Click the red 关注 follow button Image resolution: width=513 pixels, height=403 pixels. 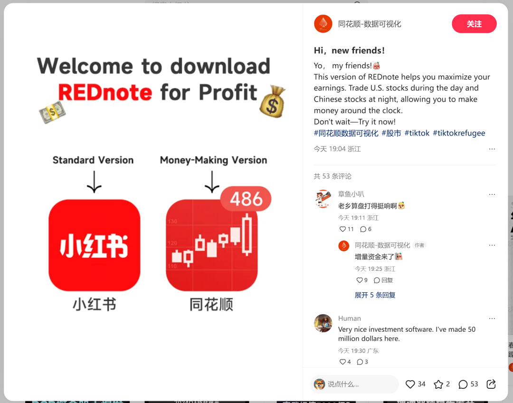(x=474, y=24)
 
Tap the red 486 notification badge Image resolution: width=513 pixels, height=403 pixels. (x=246, y=199)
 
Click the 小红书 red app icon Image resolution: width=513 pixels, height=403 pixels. (x=94, y=245)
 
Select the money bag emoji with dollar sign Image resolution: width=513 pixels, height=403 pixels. (x=272, y=102)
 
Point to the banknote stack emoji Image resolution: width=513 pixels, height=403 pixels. (x=52, y=112)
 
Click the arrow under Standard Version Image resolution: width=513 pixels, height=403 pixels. (x=94, y=182)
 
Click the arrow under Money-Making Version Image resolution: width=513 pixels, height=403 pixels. (x=212, y=182)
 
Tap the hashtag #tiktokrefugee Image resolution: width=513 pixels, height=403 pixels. (x=459, y=133)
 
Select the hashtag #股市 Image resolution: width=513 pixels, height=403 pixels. (x=391, y=133)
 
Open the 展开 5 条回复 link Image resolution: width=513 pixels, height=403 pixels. (x=375, y=295)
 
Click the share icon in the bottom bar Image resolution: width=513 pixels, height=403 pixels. (x=491, y=384)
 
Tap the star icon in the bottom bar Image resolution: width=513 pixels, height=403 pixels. (x=438, y=384)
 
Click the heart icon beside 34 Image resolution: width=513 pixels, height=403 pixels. (x=410, y=384)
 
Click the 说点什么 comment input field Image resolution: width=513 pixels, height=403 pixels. (x=355, y=384)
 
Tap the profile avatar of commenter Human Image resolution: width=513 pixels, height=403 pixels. (x=323, y=323)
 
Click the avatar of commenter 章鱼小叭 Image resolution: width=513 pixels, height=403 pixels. (x=323, y=199)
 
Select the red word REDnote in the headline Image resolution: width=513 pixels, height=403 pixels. (x=105, y=92)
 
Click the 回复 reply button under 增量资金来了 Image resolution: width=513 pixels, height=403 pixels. (x=383, y=280)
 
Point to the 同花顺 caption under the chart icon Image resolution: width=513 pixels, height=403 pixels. (x=211, y=305)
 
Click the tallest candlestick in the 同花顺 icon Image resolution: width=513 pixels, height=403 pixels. (x=247, y=235)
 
